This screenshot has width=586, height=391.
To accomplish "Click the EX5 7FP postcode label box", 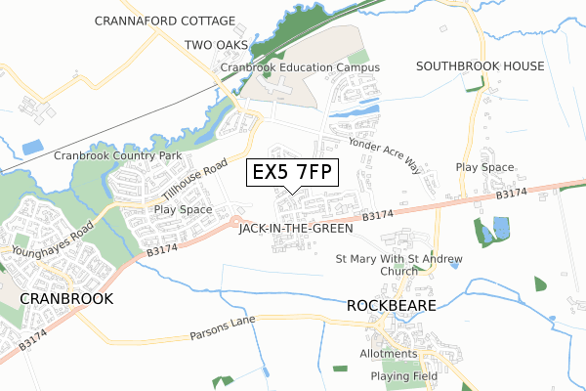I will point(293,172).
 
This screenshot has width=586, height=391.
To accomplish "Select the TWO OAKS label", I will point(217,45).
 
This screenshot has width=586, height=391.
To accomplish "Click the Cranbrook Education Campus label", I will point(299,66).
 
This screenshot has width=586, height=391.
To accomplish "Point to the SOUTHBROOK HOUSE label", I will point(480,66).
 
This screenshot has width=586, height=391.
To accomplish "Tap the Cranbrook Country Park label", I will point(118,155).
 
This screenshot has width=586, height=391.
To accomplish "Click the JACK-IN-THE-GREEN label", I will point(296,228).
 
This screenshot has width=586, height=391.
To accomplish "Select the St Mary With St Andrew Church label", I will point(399,265).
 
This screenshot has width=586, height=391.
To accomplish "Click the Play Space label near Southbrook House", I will point(484,167).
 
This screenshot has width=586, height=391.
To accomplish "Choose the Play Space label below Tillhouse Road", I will point(183,209).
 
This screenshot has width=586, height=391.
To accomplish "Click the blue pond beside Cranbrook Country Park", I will point(32,148).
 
